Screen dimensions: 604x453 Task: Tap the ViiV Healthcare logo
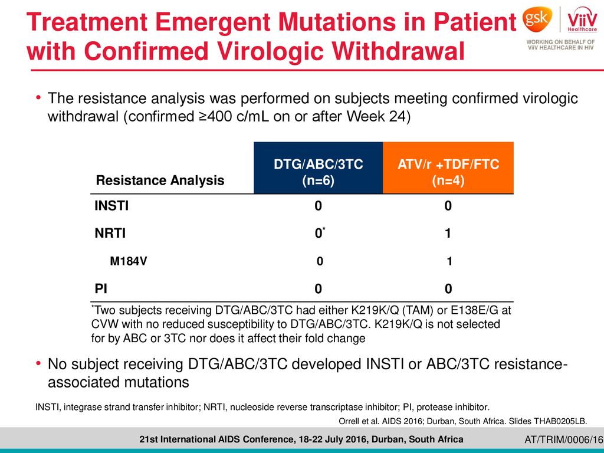582,20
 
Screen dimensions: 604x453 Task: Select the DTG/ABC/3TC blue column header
318,168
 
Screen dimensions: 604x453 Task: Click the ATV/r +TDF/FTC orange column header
448,168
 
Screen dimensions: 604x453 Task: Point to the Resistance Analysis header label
160,180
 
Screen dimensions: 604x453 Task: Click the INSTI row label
111,206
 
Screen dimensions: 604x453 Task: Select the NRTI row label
110,233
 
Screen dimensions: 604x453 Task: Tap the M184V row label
128,261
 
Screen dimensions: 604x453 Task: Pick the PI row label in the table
101,288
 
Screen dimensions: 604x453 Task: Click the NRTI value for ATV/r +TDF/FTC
448,233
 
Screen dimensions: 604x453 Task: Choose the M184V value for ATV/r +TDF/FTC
449,261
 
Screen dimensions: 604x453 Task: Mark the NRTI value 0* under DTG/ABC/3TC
320,232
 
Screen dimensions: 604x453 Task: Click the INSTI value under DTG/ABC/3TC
318,206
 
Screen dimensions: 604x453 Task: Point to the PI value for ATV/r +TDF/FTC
448,288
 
